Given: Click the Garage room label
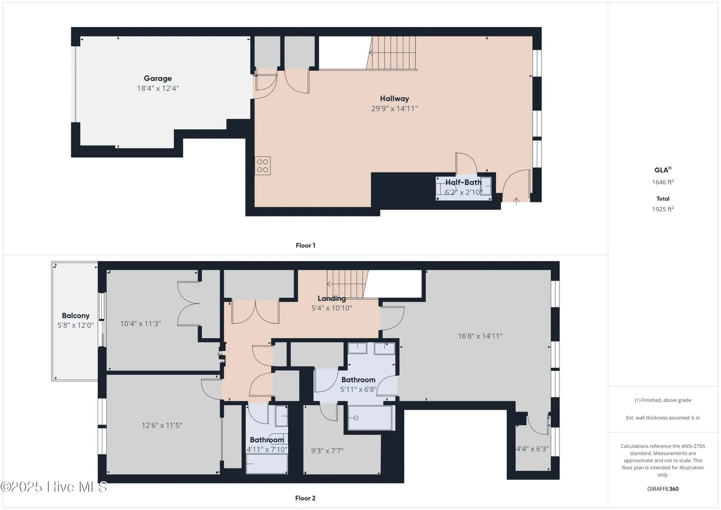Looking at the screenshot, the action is pyautogui.click(x=158, y=78).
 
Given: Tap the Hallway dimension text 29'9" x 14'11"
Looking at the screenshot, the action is pyautogui.click(x=394, y=109).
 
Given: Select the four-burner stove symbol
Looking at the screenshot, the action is pyautogui.click(x=263, y=166).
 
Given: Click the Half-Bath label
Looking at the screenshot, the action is pyautogui.click(x=463, y=182).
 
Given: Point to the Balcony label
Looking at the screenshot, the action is pyautogui.click(x=76, y=315).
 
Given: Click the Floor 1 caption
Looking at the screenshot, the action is pyautogui.click(x=305, y=246).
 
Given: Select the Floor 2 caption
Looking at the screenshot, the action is pyautogui.click(x=305, y=498).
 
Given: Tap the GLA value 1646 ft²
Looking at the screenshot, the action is pyautogui.click(x=663, y=182).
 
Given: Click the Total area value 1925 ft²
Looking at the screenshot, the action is pyautogui.click(x=663, y=209).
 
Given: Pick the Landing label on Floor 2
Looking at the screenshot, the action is pyautogui.click(x=331, y=298).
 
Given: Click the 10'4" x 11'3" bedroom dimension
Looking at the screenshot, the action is pyautogui.click(x=140, y=323).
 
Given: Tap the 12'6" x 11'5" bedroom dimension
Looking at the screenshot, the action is pyautogui.click(x=162, y=425).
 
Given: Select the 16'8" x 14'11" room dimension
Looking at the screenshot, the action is pyautogui.click(x=480, y=336).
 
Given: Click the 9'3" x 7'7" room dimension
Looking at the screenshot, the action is pyautogui.click(x=327, y=451).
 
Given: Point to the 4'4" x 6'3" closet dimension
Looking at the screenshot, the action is pyautogui.click(x=533, y=449).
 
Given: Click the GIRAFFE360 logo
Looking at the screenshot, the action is pyautogui.click(x=663, y=489).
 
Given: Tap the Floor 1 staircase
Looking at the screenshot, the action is pyautogui.click(x=392, y=53).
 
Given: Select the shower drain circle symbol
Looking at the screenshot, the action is pyautogui.click(x=356, y=418).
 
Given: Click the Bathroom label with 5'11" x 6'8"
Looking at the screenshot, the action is pyautogui.click(x=358, y=380).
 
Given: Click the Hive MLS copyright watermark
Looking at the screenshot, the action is pyautogui.click(x=54, y=487).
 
